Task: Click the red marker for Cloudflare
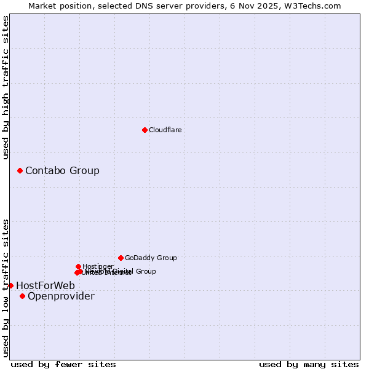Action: click(x=145, y=130)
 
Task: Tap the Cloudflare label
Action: click(x=165, y=130)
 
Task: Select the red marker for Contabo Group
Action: click(x=20, y=170)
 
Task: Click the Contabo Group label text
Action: click(x=62, y=170)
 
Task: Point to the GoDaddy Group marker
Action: click(x=121, y=258)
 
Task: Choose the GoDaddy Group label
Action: click(x=151, y=258)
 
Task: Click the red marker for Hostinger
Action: click(x=78, y=266)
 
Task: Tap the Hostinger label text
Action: click(x=98, y=266)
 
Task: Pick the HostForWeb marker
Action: click(x=10, y=285)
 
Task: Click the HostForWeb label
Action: click(x=46, y=285)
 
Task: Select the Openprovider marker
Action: click(x=22, y=296)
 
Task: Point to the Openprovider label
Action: click(x=61, y=296)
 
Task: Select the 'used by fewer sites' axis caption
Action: click(x=63, y=364)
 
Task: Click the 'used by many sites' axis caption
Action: click(x=309, y=364)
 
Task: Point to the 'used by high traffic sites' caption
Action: click(x=6, y=87)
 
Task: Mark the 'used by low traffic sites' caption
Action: click(x=6, y=287)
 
